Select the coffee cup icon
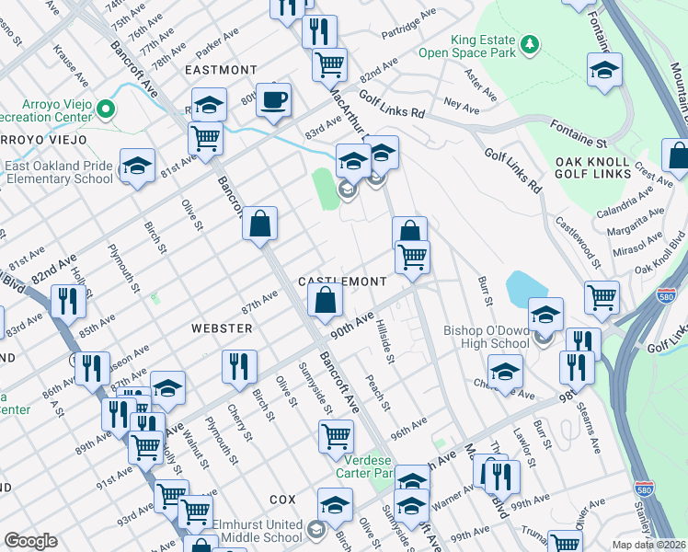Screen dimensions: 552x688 point(273,99)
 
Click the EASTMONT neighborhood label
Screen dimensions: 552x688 point(221,70)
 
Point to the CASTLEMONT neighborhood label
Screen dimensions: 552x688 point(342,281)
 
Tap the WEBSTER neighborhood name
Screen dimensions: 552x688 point(221,328)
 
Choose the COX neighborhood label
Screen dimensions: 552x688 point(282,499)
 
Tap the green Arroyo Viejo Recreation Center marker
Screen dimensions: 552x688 point(107,109)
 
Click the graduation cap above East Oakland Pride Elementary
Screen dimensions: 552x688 point(137,167)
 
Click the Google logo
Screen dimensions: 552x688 point(30,541)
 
